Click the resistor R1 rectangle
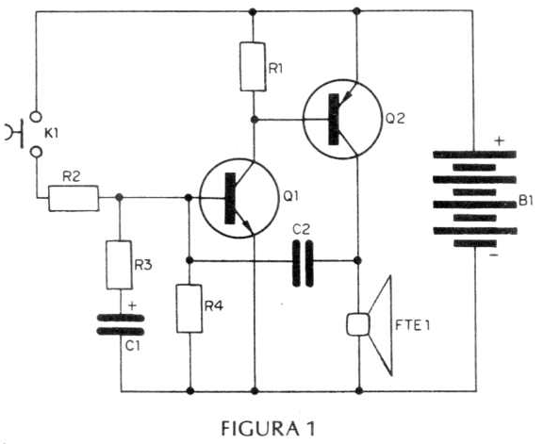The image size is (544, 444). pyautogui.click(x=254, y=67)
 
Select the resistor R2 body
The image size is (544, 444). pyautogui.click(x=74, y=198)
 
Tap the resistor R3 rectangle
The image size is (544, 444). pyautogui.click(x=119, y=265)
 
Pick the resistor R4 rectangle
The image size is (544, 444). pyautogui.click(x=190, y=308)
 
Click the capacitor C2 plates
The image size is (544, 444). pyautogui.click(x=303, y=264)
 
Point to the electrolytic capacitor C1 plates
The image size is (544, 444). pyautogui.click(x=121, y=324)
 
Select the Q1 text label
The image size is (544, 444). pyautogui.click(x=290, y=196)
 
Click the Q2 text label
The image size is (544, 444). pyautogui.click(x=395, y=119)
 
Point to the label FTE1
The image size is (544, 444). pyautogui.click(x=413, y=325)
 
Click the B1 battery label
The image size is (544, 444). pyautogui.click(x=526, y=201)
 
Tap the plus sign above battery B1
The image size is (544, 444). pyautogui.click(x=499, y=140)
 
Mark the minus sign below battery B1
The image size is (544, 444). pyautogui.click(x=494, y=255)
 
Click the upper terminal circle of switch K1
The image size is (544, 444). pyautogui.click(x=36, y=117)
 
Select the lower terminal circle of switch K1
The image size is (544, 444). pyautogui.click(x=36, y=152)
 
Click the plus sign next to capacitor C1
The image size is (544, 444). pyautogui.click(x=132, y=306)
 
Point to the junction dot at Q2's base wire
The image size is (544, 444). pyautogui.click(x=255, y=120)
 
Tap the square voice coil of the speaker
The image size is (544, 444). pyautogui.click(x=358, y=324)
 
